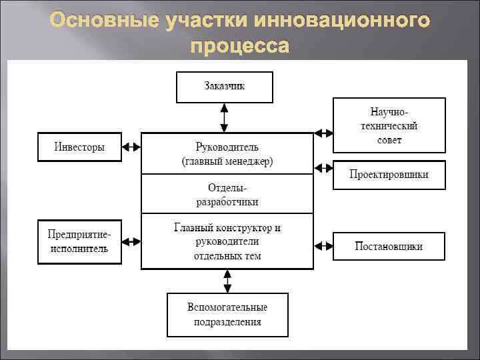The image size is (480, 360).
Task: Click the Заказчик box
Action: pyautogui.click(x=224, y=87)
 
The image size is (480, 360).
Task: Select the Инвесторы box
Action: pyautogui.click(x=79, y=147)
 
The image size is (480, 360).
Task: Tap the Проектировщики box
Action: pyautogui.click(x=389, y=175)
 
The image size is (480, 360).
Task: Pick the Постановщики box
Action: pyautogui.click(x=389, y=246)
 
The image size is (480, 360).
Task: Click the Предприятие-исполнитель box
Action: pyautogui.click(x=79, y=241)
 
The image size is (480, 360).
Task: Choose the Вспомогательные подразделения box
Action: pyautogui.click(x=227, y=315)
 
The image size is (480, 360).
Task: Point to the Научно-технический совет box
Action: pyautogui.click(x=389, y=125)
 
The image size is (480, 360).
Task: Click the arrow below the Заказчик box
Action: pyautogui.click(x=225, y=118)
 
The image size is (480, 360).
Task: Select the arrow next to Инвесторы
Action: pyautogui.click(x=131, y=147)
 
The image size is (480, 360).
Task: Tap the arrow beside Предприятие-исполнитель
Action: pyautogui.click(x=131, y=241)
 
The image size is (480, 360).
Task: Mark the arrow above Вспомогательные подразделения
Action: pyautogui.click(x=227, y=281)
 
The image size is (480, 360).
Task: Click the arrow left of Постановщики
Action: pyautogui.click(x=323, y=245)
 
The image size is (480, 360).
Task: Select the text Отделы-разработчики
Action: pyautogui.click(x=227, y=195)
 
